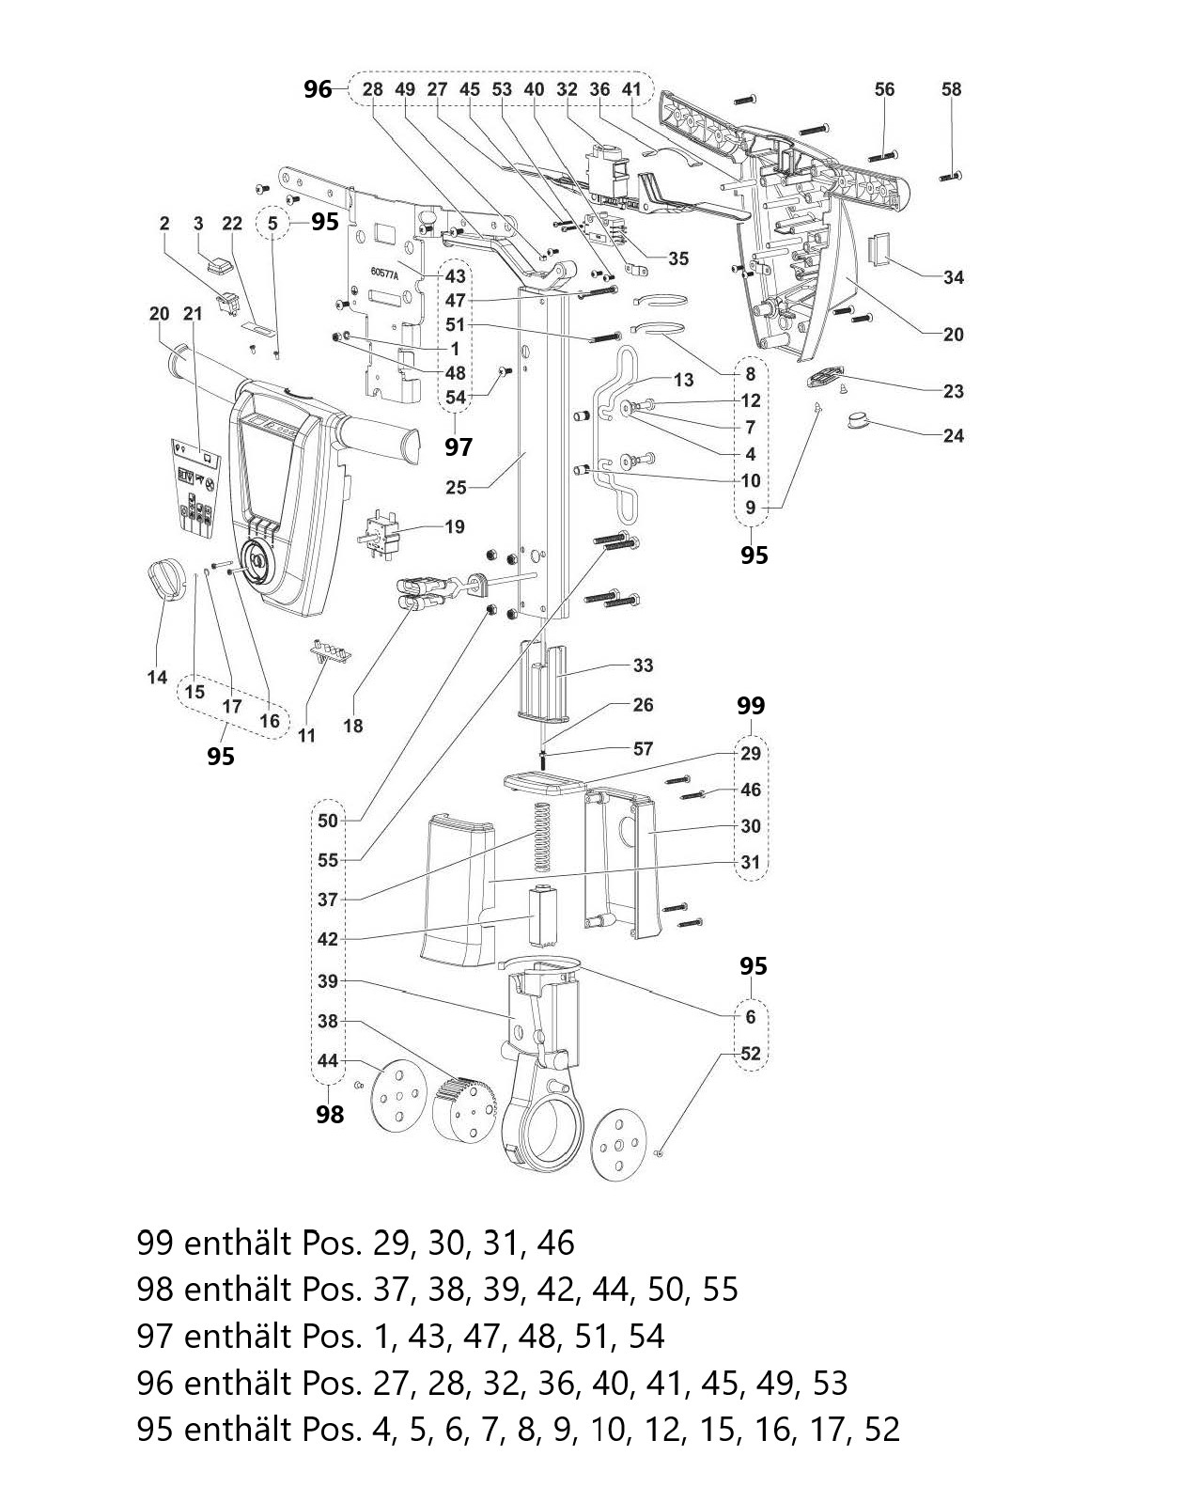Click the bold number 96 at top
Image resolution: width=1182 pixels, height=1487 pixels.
318,89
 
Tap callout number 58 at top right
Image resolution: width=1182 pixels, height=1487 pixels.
952,89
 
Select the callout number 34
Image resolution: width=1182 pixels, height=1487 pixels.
954,277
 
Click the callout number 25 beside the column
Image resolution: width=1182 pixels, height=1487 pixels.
456,487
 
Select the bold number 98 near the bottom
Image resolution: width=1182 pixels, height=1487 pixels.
330,1114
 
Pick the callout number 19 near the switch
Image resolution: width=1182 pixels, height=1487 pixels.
454,526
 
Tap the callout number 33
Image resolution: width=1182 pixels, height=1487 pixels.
643,665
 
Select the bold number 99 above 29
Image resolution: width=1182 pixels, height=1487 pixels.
751,706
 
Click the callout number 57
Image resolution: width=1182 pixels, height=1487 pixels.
643,748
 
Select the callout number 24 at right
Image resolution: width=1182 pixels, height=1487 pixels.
954,435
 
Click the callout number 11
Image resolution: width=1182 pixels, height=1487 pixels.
306,735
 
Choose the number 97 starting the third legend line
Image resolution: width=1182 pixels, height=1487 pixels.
155,1336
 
